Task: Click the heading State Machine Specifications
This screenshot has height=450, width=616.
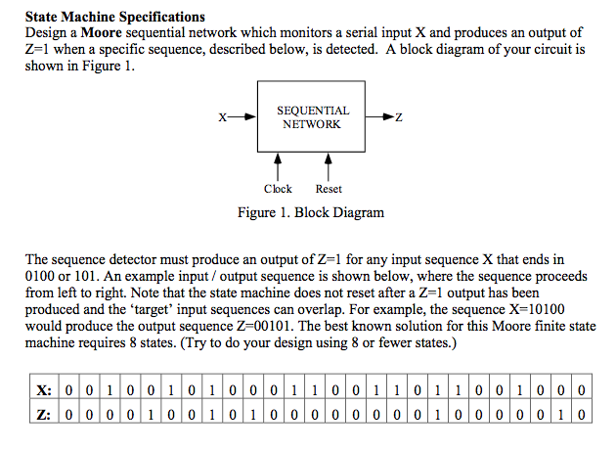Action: [115, 17]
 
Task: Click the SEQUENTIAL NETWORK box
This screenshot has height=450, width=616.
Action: [312, 117]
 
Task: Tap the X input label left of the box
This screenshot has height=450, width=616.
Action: [223, 118]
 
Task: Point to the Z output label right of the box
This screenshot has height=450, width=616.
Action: [398, 118]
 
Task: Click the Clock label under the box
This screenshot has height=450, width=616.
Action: [278, 189]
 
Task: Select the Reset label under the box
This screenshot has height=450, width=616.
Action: [329, 189]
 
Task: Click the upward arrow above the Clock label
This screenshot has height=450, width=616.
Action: [278, 162]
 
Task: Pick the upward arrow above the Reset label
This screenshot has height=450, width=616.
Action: [329, 162]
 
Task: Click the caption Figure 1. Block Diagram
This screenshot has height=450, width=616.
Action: [311, 212]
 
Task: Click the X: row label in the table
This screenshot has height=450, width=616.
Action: [42, 391]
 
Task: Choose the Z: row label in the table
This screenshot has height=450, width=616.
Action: [42, 413]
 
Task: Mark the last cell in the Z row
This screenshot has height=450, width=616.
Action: [582, 413]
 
